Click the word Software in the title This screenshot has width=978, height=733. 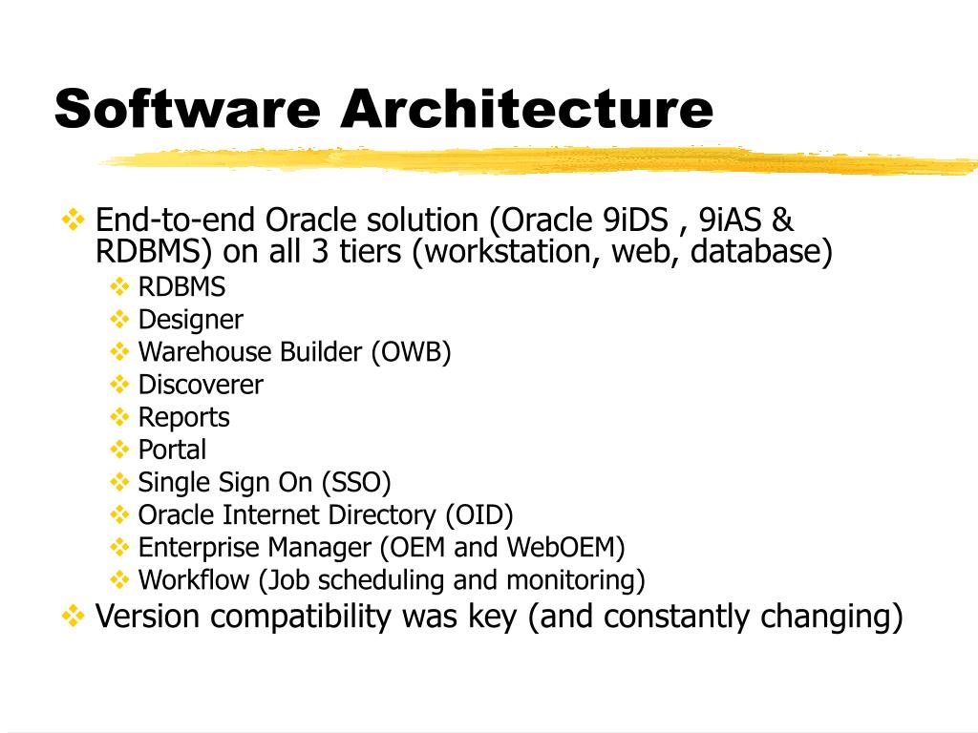click(x=187, y=108)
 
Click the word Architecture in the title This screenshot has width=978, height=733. click(x=526, y=108)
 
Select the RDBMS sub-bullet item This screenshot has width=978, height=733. click(x=181, y=287)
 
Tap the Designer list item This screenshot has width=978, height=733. click(x=190, y=320)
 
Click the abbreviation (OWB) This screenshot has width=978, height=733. click(x=411, y=352)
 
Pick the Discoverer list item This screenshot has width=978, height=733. click(x=201, y=385)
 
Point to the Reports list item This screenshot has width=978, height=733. click(x=183, y=417)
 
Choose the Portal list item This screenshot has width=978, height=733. click(x=172, y=450)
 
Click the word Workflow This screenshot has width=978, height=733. click(x=196, y=579)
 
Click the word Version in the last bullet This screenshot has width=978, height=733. click(x=148, y=617)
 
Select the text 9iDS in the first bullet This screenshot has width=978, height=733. click(x=636, y=220)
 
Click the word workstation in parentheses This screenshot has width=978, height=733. click(x=514, y=253)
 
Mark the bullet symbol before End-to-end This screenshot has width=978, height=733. click(x=73, y=220)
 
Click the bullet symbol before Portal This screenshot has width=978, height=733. click(x=119, y=449)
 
